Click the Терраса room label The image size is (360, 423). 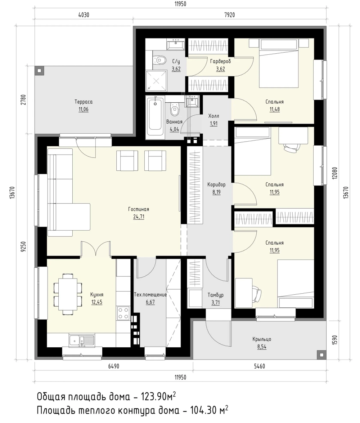[84, 102]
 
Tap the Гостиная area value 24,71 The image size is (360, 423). [139, 217]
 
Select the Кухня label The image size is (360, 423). [97, 295]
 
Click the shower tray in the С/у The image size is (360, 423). [156, 81]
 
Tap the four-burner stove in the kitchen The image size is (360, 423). [123, 313]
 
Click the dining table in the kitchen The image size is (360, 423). [68, 294]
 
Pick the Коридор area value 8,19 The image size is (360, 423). [216, 192]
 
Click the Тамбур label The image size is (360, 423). [216, 295]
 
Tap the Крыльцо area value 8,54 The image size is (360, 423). [262, 347]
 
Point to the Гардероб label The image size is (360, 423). [220, 62]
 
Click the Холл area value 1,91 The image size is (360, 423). [214, 124]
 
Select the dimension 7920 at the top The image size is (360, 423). [229, 15]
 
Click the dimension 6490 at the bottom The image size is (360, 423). [113, 366]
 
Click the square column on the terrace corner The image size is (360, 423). [39, 71]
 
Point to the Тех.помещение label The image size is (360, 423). [150, 295]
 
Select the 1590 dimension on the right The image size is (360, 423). [335, 340]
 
